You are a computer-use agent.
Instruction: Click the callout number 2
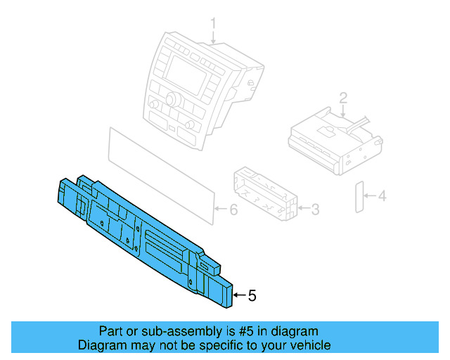click(x=342, y=97)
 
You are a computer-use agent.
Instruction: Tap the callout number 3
click(x=316, y=208)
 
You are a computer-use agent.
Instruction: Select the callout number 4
click(x=382, y=197)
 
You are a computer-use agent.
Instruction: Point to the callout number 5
click(x=252, y=296)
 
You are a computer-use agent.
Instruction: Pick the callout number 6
click(x=234, y=210)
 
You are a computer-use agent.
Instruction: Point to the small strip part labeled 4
click(x=358, y=197)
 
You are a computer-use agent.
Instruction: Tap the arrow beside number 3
click(x=303, y=208)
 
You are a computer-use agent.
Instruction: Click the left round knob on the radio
click(x=154, y=105)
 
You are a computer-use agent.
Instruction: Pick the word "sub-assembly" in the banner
click(x=163, y=331)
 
